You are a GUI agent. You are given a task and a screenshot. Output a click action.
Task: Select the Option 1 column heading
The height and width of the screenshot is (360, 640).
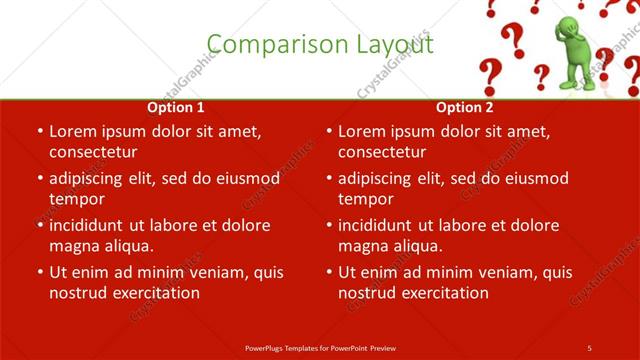[176, 107]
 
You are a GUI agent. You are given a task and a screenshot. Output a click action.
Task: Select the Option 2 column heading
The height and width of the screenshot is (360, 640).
[465, 107]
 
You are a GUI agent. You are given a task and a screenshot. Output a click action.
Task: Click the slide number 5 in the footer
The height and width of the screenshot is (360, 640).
[590, 347]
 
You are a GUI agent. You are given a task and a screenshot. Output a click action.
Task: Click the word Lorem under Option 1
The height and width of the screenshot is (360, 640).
[73, 131]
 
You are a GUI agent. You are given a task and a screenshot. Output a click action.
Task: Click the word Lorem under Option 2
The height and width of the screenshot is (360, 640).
[362, 131]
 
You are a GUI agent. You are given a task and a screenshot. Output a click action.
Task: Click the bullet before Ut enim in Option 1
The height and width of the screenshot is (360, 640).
[38, 272]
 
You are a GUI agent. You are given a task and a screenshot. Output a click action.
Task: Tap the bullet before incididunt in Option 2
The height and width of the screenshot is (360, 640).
[327, 225]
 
